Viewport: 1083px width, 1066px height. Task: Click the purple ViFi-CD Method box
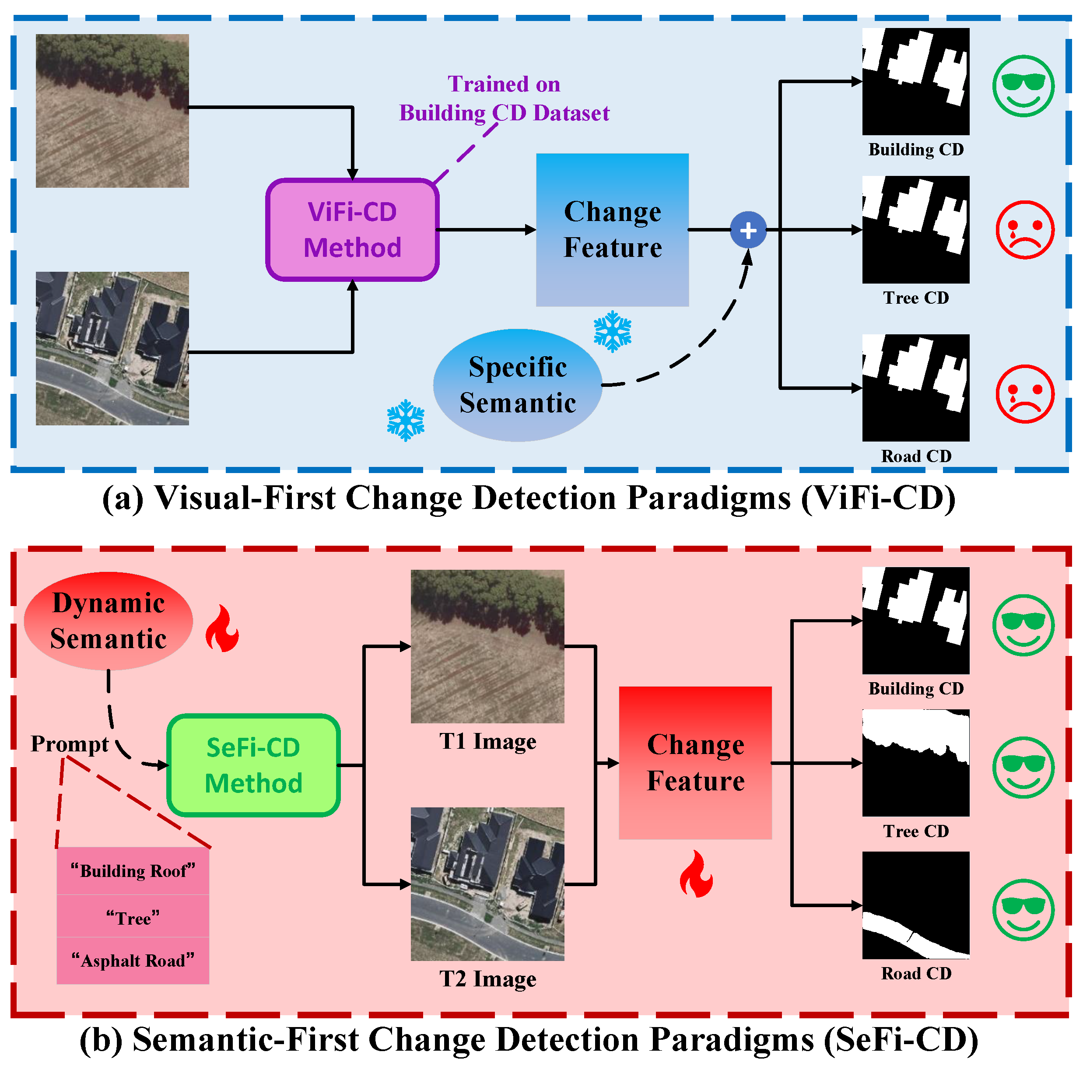point(352,230)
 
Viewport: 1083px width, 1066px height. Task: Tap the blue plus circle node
point(748,230)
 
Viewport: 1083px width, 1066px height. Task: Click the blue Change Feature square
point(612,230)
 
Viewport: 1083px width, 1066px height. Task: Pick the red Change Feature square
point(695,763)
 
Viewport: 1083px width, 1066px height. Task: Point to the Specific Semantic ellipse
point(517,385)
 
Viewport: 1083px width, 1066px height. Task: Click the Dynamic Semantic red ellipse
point(108,621)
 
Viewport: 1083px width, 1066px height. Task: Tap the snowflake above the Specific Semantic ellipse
point(612,331)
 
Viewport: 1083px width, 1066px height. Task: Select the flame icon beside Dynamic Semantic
point(222,628)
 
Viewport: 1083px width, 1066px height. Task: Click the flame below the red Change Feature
point(696,874)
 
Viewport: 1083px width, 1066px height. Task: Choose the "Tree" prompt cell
point(133,918)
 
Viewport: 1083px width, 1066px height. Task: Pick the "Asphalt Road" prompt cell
point(133,961)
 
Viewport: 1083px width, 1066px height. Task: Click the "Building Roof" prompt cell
point(133,871)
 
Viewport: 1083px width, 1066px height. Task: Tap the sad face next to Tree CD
point(1025,230)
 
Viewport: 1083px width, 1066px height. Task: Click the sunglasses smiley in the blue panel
point(1023,86)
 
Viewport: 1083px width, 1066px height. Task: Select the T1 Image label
point(487,741)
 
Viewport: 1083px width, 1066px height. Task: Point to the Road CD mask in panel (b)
point(915,905)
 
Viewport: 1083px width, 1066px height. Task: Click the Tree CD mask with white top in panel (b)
point(915,763)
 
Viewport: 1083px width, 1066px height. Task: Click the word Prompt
point(70,744)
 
